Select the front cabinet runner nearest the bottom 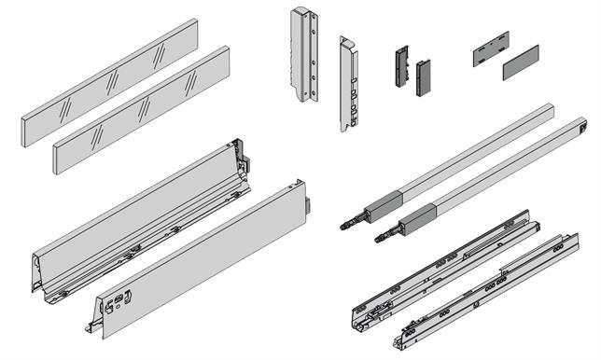(485, 289)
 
